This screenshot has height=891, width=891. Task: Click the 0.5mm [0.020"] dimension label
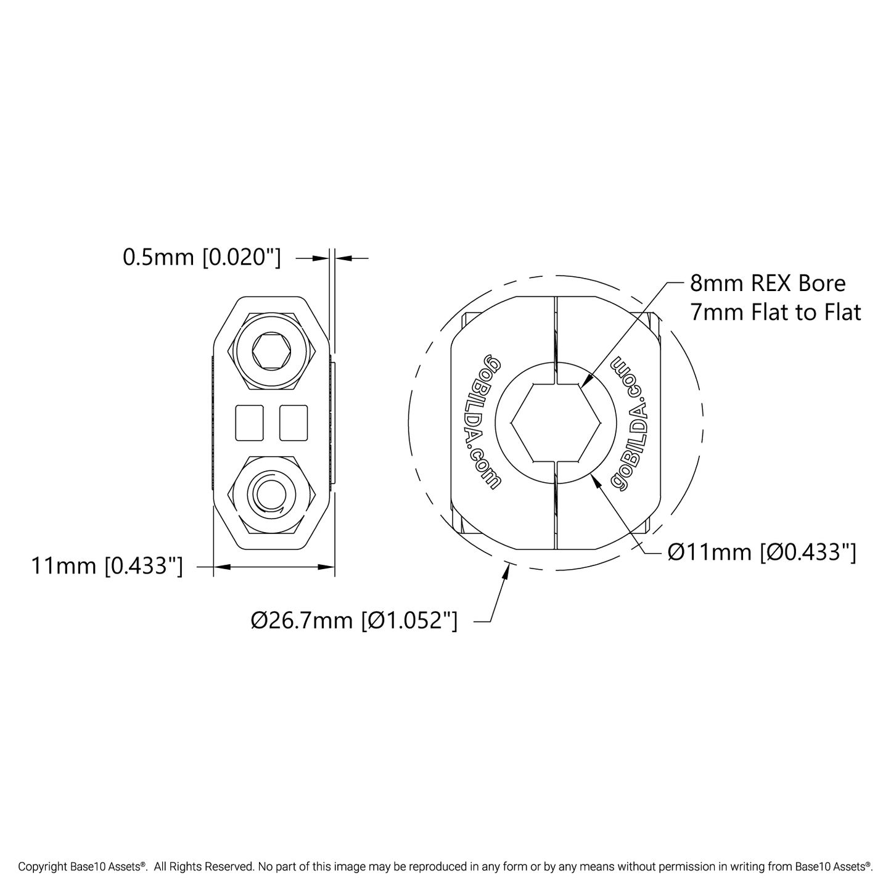(202, 258)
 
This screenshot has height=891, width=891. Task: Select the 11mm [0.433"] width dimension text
(107, 567)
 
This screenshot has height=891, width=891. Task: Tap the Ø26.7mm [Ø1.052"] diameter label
(354, 620)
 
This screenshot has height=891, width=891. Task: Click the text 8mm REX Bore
(768, 284)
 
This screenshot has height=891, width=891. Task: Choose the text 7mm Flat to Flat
(776, 312)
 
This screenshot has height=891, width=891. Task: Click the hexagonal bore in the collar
(556, 422)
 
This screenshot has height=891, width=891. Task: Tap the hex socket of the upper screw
(272, 352)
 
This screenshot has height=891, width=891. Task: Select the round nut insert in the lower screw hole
(272, 493)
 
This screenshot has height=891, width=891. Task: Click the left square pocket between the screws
(250, 422)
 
